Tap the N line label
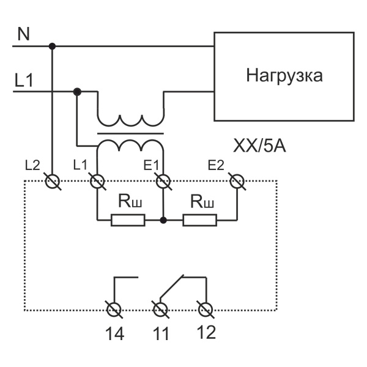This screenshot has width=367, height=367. pos(23,34)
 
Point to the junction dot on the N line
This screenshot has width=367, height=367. pos(52,46)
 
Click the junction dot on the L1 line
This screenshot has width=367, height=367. pos(77,92)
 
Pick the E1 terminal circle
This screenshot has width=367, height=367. pos(162,181)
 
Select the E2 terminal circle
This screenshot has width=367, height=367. pos(237,181)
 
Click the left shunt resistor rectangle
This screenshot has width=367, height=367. pos(128,220)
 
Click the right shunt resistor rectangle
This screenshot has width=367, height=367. pos(199,220)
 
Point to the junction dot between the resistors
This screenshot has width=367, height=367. pos(162,220)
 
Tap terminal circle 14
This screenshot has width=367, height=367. pos(113,310)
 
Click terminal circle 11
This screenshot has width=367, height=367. pos(160,310)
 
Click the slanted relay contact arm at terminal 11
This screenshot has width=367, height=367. pos(171,287)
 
